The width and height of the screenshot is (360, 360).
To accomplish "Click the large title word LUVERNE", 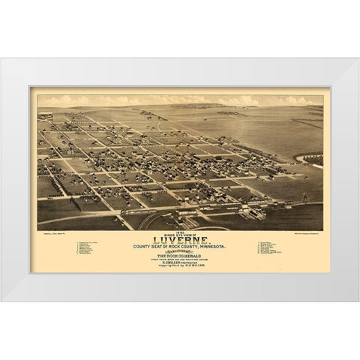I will point(180,231).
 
